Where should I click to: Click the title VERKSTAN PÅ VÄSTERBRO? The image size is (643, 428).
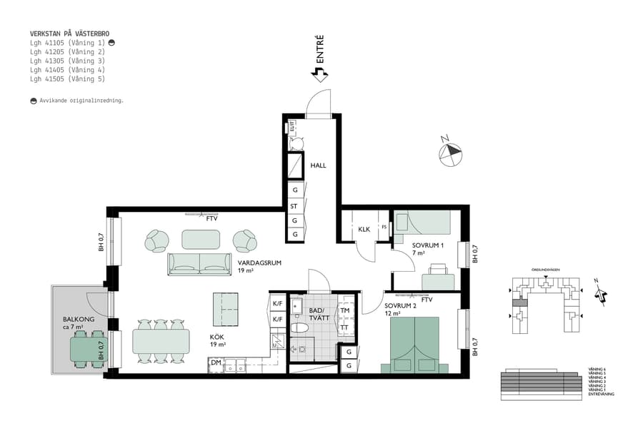69,34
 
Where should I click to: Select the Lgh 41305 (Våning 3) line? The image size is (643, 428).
67,61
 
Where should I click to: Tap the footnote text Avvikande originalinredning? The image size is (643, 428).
81,101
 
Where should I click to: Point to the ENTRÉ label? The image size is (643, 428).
320,49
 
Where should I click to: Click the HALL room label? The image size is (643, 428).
318,165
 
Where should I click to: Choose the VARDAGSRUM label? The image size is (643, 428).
259,263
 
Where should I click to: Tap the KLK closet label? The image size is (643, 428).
364,229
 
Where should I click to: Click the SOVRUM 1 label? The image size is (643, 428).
428,245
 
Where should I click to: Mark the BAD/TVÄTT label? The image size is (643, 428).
318,315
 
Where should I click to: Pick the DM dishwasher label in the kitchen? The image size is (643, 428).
215,363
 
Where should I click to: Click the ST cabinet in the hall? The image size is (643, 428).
294,206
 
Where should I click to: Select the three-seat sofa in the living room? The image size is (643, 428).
199,263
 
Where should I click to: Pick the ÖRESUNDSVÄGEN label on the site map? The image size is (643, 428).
545,270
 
